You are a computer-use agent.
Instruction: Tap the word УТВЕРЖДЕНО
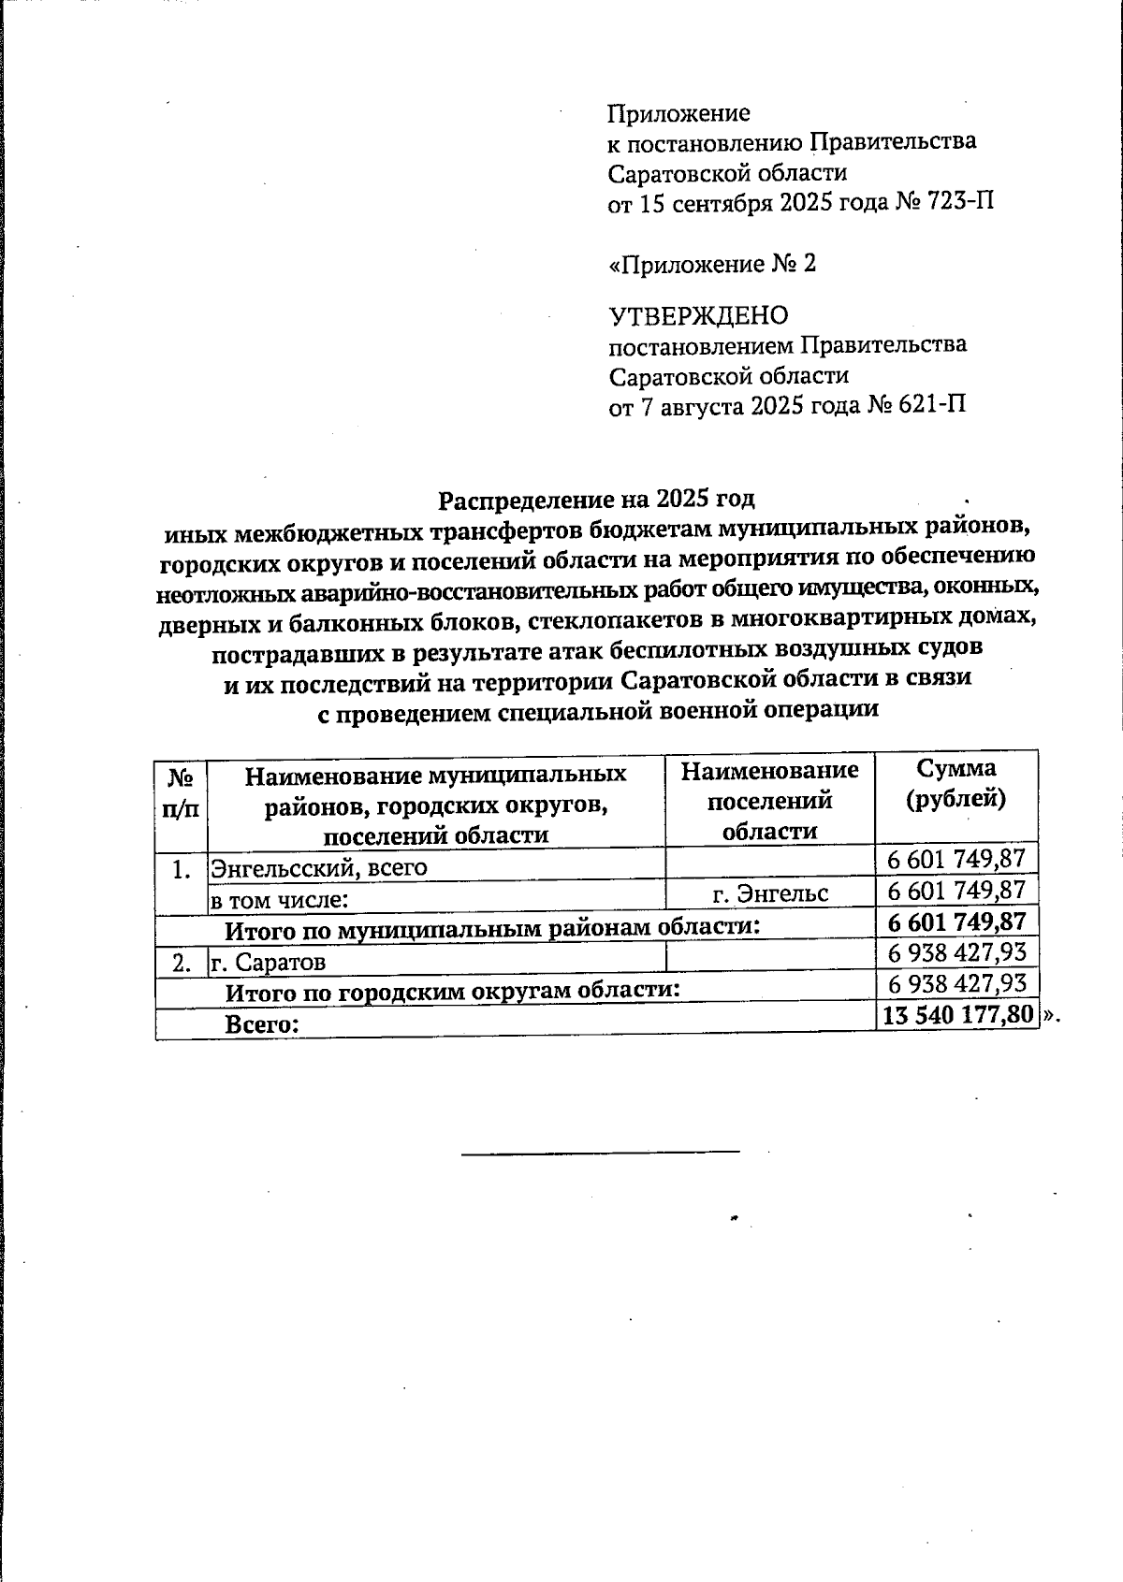(698, 315)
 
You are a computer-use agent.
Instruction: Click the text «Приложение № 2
(712, 264)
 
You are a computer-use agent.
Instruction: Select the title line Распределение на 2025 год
(597, 498)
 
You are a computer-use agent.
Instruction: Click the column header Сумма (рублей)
(955, 783)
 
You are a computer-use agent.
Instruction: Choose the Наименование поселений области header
(769, 800)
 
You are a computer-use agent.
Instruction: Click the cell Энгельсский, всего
(319, 867)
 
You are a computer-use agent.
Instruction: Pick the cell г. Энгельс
(770, 893)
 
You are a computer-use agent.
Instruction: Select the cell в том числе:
(280, 900)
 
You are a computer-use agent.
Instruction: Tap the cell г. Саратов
(268, 961)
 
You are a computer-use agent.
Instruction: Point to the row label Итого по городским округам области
(453, 991)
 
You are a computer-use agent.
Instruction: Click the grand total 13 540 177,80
(956, 1016)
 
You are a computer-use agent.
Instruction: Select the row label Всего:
(262, 1023)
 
